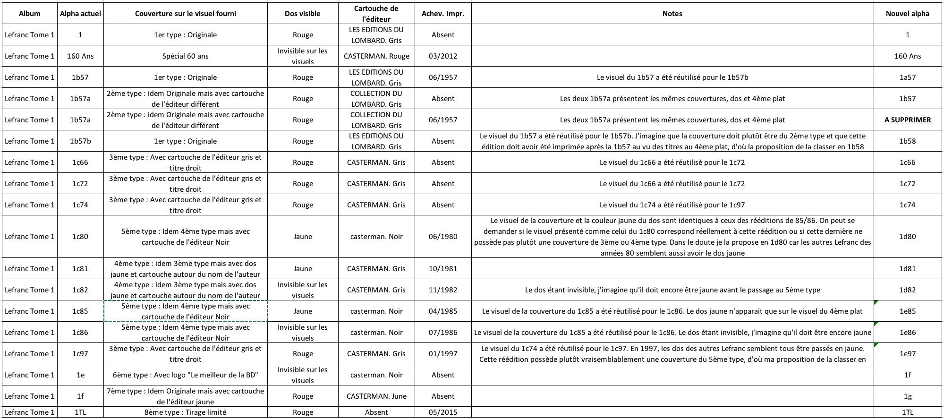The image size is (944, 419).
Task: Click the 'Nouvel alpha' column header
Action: click(x=907, y=14)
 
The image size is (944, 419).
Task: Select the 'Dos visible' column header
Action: click(x=303, y=14)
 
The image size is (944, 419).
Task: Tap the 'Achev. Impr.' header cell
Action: click(x=443, y=14)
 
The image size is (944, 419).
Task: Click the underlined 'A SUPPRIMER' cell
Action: click(x=907, y=120)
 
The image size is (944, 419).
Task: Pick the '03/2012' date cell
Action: click(x=443, y=56)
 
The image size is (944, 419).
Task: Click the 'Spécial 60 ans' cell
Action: click(x=186, y=56)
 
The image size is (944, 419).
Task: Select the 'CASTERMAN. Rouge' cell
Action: click(x=376, y=56)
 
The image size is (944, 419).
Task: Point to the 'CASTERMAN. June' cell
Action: click(x=376, y=396)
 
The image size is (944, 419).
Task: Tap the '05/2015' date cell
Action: click(x=443, y=412)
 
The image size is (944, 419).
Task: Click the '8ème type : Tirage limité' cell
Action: click(x=186, y=412)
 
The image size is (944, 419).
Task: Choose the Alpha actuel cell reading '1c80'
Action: click(x=80, y=237)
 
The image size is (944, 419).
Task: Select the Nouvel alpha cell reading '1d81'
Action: click(x=907, y=269)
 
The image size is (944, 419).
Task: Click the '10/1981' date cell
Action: click(x=443, y=269)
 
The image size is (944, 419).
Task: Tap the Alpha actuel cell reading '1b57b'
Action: click(x=80, y=141)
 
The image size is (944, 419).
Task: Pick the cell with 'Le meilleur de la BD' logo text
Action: click(x=186, y=375)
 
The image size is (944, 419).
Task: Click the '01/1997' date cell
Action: click(x=443, y=354)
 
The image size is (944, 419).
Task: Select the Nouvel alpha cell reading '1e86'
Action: click(x=907, y=333)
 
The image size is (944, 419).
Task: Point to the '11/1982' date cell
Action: click(x=443, y=290)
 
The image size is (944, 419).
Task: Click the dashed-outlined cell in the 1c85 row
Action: click(x=186, y=311)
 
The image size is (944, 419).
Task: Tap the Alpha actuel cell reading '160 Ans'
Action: click(x=80, y=56)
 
